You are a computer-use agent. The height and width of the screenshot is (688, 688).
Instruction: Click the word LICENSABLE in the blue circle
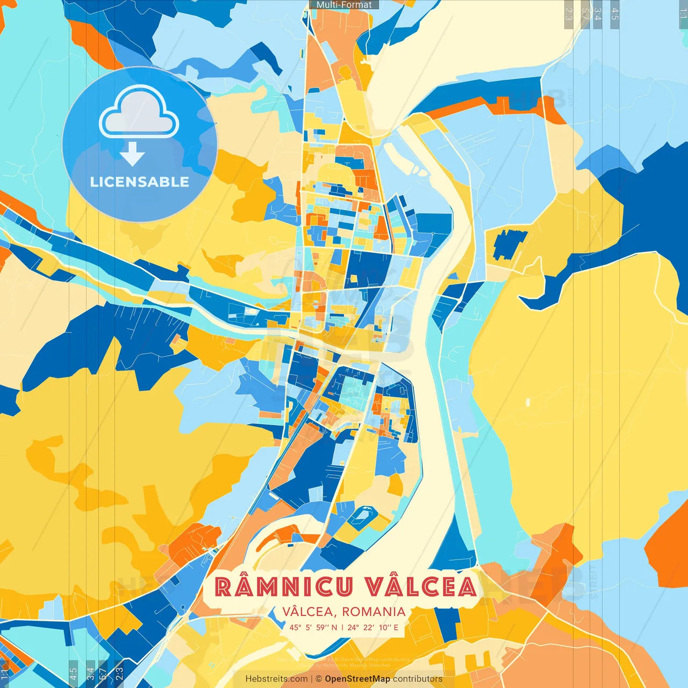139,182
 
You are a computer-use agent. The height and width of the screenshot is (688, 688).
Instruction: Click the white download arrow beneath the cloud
132,154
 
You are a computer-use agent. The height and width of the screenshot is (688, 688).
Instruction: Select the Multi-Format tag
344,5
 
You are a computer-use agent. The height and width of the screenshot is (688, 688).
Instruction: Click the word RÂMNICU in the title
284,587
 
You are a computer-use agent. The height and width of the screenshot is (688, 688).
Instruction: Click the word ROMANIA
374,612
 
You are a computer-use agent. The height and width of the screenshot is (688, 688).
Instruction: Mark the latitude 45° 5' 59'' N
313,627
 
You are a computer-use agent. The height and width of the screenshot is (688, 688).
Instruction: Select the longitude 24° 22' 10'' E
373,627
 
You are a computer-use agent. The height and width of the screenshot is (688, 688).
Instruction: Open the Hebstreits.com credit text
276,679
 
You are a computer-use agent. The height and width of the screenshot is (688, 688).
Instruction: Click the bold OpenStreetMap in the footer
357,679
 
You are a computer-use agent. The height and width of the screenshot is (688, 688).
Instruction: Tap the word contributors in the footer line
418,679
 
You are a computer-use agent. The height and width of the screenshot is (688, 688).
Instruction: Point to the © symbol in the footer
319,679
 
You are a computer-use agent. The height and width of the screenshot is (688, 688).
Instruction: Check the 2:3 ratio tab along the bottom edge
119,672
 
